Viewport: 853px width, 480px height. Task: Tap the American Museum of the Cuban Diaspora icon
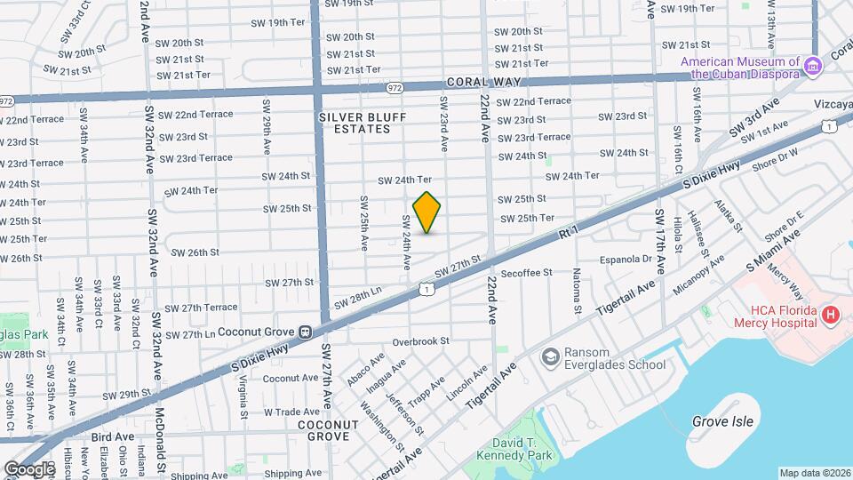pos(811,67)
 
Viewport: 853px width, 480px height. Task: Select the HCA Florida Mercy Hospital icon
pos(831,315)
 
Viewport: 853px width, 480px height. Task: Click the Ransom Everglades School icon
pos(550,356)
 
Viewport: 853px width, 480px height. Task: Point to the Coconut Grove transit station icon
pos(305,332)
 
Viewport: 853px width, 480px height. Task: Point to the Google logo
pos(29,468)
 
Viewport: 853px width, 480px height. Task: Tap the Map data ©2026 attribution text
pos(814,473)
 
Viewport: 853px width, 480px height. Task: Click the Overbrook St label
pos(421,340)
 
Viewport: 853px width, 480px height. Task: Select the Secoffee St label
pos(527,272)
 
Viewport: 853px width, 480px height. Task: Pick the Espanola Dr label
pos(627,260)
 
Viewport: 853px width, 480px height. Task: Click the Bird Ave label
pos(113,436)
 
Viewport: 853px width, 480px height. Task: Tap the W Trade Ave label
pos(291,412)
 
